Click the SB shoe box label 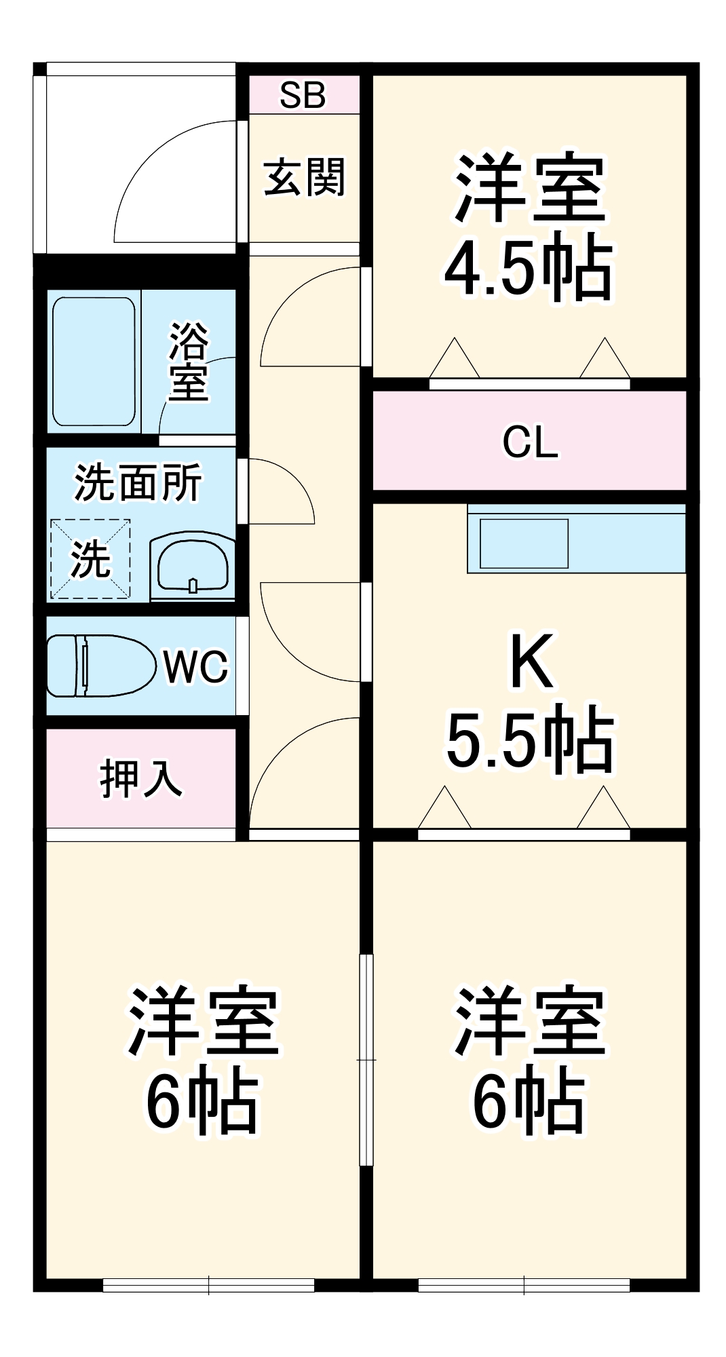[x=303, y=95]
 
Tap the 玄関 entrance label [x=304, y=178]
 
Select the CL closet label [x=530, y=442]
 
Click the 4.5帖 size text [x=529, y=268]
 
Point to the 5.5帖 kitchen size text [x=530, y=740]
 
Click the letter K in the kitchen [x=531, y=661]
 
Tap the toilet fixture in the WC [x=98, y=666]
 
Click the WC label [x=195, y=667]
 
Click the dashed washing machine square [x=90, y=559]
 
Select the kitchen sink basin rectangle [x=524, y=543]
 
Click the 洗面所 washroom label [x=138, y=482]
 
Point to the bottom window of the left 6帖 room [x=208, y=1284]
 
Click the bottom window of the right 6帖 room [x=524, y=1284]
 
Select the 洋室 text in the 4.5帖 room [x=529, y=188]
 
